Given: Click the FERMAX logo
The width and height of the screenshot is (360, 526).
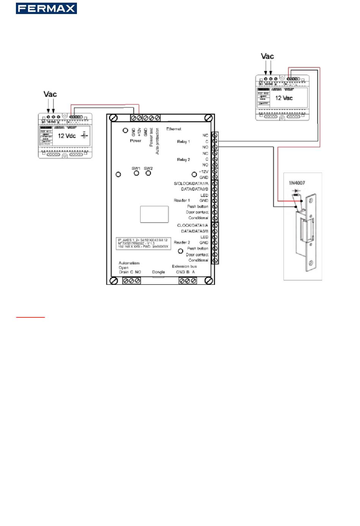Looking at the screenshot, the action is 46,8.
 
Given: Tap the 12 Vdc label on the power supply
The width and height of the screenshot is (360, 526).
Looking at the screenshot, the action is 67,136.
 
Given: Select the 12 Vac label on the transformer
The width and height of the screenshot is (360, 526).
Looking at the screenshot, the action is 284,98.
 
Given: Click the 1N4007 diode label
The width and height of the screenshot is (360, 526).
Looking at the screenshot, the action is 297,183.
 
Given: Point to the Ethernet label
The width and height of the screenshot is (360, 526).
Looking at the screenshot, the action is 174,129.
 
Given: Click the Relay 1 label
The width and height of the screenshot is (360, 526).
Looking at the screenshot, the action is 183,141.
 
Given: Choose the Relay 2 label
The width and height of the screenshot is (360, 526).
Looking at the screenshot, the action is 183,160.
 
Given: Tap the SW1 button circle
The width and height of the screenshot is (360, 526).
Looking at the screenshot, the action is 136,173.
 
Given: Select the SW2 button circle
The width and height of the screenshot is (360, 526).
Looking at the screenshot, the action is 149,173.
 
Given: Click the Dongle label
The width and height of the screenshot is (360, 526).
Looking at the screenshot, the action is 158,272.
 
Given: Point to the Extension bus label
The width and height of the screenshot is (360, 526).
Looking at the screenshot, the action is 184,266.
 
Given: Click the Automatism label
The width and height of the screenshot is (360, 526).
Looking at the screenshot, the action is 129,263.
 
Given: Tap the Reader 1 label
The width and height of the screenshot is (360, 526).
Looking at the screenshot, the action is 182,200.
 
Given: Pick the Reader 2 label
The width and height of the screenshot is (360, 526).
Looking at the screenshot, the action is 182,242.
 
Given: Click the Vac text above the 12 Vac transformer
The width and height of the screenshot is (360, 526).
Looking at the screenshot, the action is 267,56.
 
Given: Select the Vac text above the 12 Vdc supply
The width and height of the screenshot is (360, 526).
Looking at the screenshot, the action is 50,94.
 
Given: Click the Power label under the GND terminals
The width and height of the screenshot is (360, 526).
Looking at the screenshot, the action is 135,141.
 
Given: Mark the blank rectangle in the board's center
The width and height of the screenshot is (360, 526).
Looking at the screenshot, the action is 154,214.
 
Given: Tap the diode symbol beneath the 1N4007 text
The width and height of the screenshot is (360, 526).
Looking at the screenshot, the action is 296,191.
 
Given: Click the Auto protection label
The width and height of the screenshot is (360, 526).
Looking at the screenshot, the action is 158,141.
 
